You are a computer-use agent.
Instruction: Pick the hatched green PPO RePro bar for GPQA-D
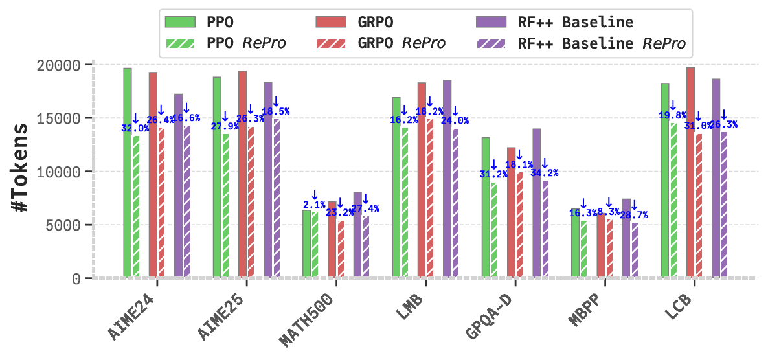point(495,230)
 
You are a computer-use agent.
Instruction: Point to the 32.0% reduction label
point(135,128)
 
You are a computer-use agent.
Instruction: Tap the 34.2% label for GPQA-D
point(545,173)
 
